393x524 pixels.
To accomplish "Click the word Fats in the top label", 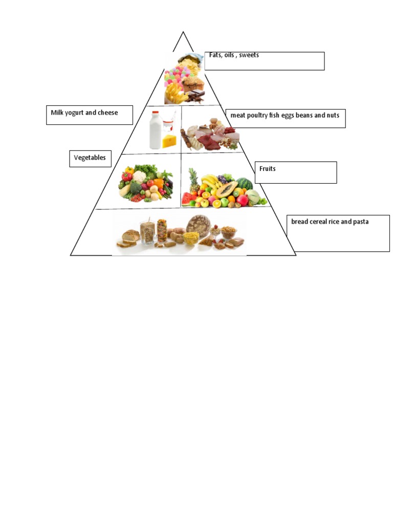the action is coord(215,55).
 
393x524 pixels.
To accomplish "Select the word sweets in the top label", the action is coord(249,55).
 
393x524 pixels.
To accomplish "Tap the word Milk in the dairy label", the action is coord(57,113).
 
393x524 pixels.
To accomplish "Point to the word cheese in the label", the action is coord(107,113).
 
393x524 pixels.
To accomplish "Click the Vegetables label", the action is coord(90,158).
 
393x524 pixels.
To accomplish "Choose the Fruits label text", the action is coord(268,168).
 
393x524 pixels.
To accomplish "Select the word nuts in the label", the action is coord(333,116).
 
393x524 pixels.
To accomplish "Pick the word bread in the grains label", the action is coord(301,222).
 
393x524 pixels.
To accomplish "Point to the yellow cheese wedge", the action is coord(169,141).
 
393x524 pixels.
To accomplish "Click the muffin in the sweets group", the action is coord(194,83).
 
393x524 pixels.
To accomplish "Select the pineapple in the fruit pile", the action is coord(193,182).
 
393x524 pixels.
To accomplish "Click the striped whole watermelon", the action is coord(245,184).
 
